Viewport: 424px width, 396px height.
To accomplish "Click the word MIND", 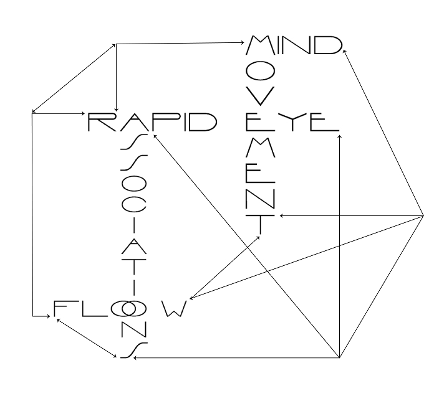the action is pyautogui.click(x=294, y=45).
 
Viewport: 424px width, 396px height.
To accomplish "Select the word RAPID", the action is pyautogui.click(x=153, y=122).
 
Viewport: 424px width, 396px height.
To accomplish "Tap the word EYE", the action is pyautogui.click(x=292, y=122).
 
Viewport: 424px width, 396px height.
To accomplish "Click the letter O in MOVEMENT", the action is pyautogui.click(x=261, y=71).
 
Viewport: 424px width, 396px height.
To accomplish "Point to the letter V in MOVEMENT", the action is pyautogui.click(x=261, y=96).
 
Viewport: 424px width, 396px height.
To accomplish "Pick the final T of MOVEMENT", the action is pyautogui.click(x=261, y=225).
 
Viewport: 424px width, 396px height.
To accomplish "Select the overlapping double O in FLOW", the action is pyautogui.click(x=128, y=309).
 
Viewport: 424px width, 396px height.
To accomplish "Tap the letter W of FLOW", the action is pyautogui.click(x=175, y=308).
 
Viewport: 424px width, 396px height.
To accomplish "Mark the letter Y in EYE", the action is pyautogui.click(x=292, y=122).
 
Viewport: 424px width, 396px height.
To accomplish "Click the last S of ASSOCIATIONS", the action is pyautogui.click(x=134, y=351).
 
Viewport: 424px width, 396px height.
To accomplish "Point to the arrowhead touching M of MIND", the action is pyautogui.click(x=243, y=42).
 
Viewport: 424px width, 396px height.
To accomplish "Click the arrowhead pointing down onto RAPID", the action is pyautogui.click(x=116, y=110).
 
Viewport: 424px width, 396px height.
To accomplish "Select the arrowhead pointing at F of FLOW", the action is pyautogui.click(x=49, y=316).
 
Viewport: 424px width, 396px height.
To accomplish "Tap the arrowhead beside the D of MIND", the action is pyautogui.click(x=344, y=51).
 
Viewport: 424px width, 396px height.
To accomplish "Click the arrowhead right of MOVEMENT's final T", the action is pyautogui.click(x=282, y=215).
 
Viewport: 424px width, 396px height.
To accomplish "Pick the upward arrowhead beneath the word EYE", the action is pyautogui.click(x=340, y=136).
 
